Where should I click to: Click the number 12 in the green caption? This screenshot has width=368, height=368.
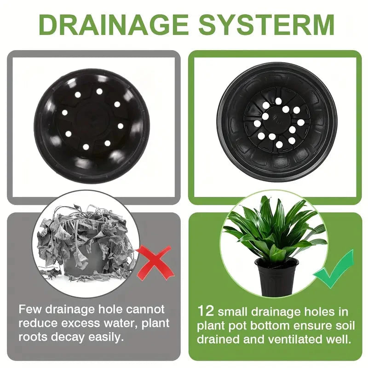tap(207, 311)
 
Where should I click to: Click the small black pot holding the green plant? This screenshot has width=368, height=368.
tap(276, 276)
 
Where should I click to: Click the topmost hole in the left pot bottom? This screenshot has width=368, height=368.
tap(99, 91)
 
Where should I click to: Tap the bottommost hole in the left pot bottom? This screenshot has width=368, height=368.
tap(86, 147)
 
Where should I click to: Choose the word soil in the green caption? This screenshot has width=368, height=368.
tap(344, 326)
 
